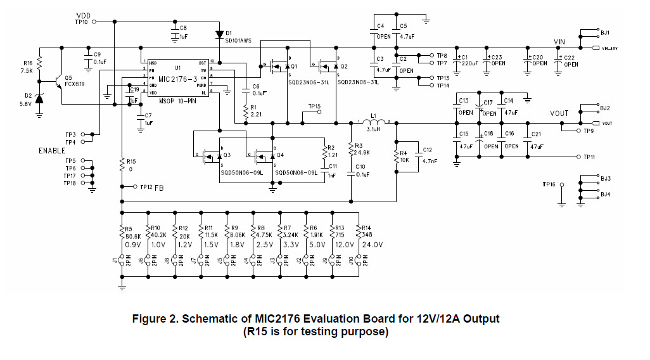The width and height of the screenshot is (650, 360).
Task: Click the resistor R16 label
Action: (27, 63)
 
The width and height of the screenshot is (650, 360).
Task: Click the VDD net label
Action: (84, 15)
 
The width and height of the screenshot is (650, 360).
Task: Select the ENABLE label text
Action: (52, 151)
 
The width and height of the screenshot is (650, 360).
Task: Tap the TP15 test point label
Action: (314, 106)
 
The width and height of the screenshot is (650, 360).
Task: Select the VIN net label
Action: (559, 41)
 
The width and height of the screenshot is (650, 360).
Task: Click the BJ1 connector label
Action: (605, 32)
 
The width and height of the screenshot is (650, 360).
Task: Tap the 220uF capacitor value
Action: (468, 63)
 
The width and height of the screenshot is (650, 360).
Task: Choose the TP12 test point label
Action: (146, 187)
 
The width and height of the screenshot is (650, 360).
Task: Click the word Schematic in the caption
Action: (208, 319)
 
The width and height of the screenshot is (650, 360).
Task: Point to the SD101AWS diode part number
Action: (238, 40)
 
